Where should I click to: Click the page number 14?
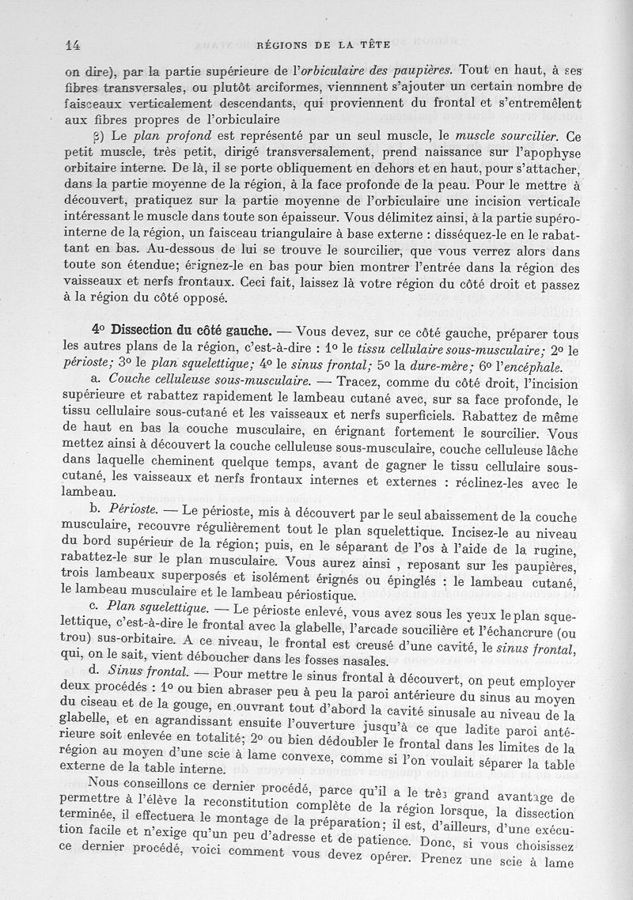point(75,45)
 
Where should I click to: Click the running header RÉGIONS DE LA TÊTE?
point(341,45)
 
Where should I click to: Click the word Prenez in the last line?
point(447,861)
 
